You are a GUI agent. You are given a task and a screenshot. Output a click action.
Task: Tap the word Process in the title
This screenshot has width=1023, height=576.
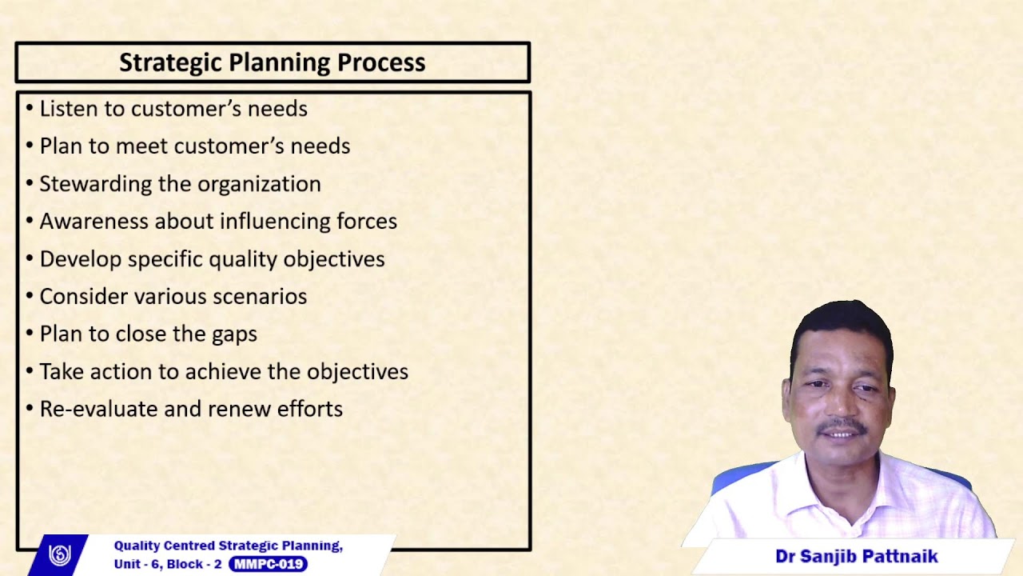(381, 62)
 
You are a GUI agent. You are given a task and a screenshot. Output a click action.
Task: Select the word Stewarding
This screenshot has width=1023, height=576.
(96, 184)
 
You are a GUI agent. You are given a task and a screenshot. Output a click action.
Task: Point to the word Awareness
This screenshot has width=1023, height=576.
(94, 222)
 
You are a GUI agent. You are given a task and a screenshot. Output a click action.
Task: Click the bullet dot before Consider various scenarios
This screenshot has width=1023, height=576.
(30, 297)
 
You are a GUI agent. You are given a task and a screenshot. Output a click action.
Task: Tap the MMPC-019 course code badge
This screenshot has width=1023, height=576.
(268, 564)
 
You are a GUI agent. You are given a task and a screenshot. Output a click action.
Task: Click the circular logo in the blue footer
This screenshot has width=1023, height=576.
(60, 554)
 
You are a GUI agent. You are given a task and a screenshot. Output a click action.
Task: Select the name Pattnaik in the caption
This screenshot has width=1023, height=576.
(897, 556)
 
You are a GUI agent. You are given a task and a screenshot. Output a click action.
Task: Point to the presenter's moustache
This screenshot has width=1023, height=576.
(842, 426)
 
